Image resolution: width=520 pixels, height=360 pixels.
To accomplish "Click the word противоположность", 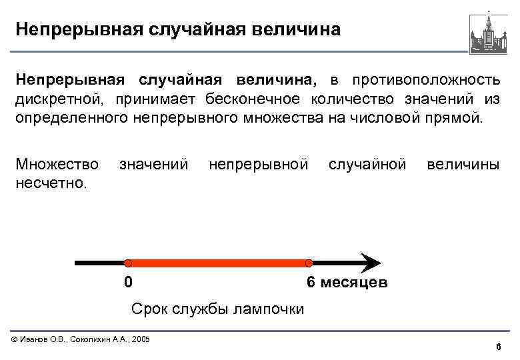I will click(426, 80).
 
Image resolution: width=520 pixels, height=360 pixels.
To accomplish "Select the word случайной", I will click(367, 164).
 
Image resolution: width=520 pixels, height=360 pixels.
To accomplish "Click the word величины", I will click(463, 164).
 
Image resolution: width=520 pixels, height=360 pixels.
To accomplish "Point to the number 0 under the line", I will click(129, 282).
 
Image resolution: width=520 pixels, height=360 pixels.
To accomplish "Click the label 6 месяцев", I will click(346, 283).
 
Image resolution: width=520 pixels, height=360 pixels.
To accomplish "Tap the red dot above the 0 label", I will click(128, 263).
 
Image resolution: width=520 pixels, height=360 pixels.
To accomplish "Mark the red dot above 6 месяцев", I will click(309, 263).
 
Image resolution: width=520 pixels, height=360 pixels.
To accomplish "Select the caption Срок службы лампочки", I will click(217, 309).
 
